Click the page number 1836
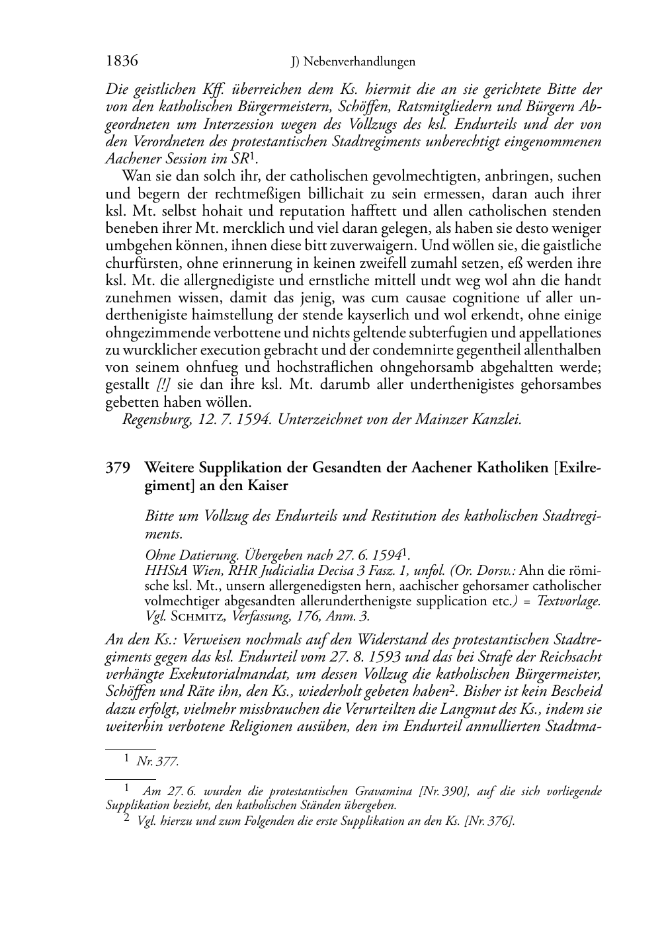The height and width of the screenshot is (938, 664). point(122,62)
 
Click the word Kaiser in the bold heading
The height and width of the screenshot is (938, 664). point(268,486)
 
